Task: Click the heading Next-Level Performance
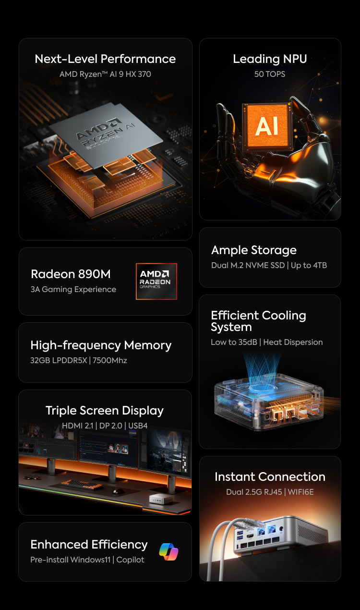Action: pos(105,59)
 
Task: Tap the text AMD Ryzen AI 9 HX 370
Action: pos(105,74)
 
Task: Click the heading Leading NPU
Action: pos(270,59)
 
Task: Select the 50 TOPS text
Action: pos(270,74)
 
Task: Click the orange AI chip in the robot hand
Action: pos(267,126)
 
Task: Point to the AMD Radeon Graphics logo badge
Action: pos(156,281)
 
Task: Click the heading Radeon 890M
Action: pos(71,274)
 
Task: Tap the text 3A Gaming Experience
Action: pos(73,289)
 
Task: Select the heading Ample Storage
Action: pos(254,250)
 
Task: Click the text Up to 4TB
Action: pos(309,265)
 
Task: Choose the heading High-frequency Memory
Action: pos(101,345)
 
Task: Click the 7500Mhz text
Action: pos(109,360)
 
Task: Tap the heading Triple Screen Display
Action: pos(105,411)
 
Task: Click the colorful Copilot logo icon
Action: pos(168,552)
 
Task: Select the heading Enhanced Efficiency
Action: pos(89,545)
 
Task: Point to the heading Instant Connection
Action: pos(270,477)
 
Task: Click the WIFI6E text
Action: pos(300,492)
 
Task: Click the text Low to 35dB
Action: pos(234,342)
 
